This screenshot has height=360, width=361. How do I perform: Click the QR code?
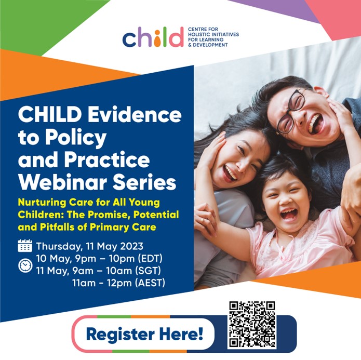(252, 325)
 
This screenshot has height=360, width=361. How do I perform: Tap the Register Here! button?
(144, 334)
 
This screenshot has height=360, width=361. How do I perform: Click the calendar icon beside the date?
(25, 246)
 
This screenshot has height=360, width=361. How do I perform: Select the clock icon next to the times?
(25, 266)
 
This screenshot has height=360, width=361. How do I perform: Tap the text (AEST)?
(150, 283)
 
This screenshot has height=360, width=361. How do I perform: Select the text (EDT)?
(150, 258)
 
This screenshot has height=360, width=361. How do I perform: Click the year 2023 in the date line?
(132, 246)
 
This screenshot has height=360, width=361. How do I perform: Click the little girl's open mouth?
(289, 215)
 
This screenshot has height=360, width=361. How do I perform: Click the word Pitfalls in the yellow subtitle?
(57, 228)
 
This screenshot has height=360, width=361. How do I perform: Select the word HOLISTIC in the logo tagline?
(198, 35)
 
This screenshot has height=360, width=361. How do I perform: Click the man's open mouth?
(314, 124)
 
